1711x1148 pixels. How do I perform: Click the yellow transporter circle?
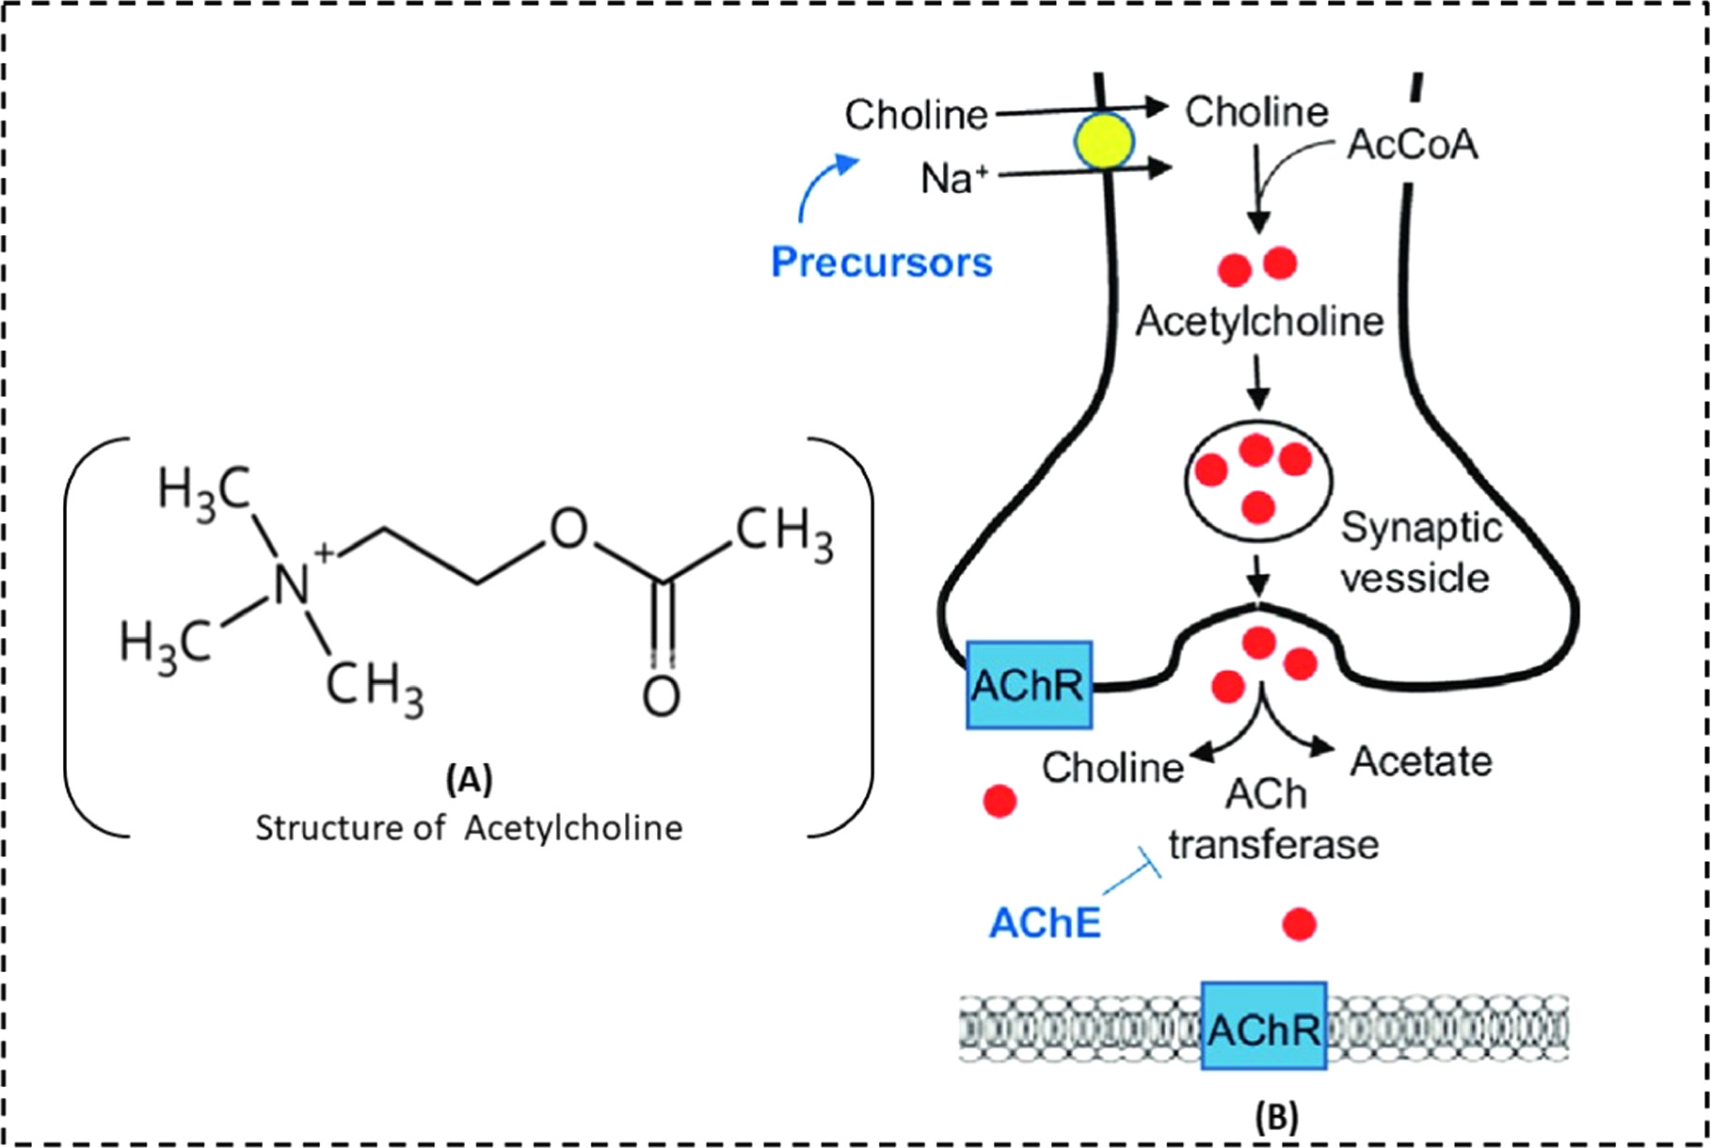coord(1105,142)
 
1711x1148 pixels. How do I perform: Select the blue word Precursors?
coord(881,262)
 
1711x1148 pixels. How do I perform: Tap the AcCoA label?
coord(1412,144)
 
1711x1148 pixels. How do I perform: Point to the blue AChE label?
coord(1045,923)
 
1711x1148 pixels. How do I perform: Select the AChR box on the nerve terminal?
coord(1029,685)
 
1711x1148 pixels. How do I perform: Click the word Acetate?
coord(1420,760)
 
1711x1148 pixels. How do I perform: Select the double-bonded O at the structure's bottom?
coord(661,697)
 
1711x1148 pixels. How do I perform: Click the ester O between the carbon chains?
coord(568,529)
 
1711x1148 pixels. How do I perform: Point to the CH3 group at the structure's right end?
coord(783,532)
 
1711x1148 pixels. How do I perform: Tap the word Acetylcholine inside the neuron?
coord(1258,322)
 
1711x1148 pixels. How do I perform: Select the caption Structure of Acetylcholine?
coord(469,828)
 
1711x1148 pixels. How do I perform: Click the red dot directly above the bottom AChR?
coord(1300,923)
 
